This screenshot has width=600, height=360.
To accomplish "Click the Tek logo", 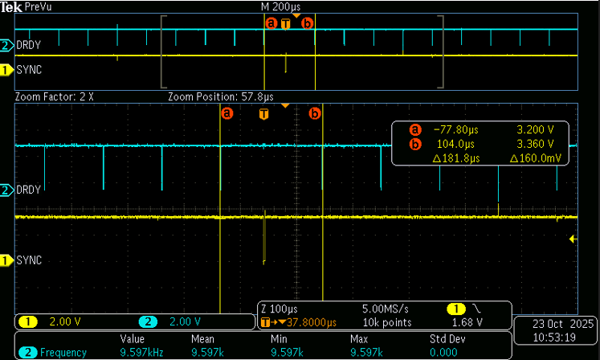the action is coord(11,7).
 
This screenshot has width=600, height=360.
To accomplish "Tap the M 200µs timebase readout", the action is coord(280,7).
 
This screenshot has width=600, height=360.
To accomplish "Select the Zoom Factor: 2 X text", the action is coord(54,97).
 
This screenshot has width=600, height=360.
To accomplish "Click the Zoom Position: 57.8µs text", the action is coord(221,97).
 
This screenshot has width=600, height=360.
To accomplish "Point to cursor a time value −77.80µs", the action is coord(455,130).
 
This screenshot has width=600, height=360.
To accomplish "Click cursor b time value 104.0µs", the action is coord(455,144).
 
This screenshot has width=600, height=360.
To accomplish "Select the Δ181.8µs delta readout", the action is coord(455,158).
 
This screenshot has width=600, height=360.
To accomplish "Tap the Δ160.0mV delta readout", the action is coord(535,158).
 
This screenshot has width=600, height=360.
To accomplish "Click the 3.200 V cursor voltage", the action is coord(535,130).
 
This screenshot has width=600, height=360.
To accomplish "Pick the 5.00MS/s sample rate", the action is coord(386,309).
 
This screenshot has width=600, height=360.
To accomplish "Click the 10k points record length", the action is coord(387,323).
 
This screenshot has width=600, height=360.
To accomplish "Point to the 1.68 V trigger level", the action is coord(467,323).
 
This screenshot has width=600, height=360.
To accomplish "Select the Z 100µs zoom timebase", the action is coord(280,309).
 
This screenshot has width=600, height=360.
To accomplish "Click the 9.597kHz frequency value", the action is coord(141,352).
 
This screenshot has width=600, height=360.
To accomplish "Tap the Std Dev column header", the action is coord(447,339).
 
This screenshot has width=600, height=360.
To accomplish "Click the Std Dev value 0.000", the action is coord(443,352).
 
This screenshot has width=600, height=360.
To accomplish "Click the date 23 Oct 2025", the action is coord(563,324).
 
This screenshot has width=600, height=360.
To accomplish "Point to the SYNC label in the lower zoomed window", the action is coord(29,260).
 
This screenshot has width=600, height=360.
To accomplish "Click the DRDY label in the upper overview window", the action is coord(28,45).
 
